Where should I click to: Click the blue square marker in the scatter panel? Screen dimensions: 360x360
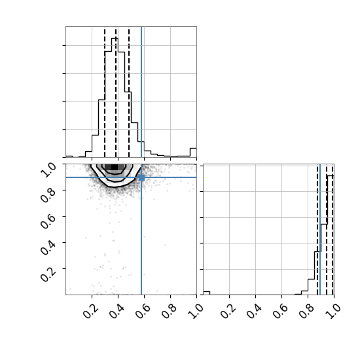point(141,177)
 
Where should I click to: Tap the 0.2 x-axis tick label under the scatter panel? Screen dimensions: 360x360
point(91,311)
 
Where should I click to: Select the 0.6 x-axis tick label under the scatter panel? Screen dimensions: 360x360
point(143,311)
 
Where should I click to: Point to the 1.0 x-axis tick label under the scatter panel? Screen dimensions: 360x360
point(196,311)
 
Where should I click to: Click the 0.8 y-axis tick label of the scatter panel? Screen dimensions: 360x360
point(48,194)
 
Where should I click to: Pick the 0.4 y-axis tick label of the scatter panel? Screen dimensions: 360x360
point(48,247)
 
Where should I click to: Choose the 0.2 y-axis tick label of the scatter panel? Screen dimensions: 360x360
point(48,273)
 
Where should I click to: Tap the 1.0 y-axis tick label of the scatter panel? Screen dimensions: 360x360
point(48,170)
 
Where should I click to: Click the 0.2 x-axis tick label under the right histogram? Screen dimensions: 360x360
point(228,311)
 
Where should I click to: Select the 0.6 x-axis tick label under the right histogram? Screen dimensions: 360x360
point(280,311)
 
